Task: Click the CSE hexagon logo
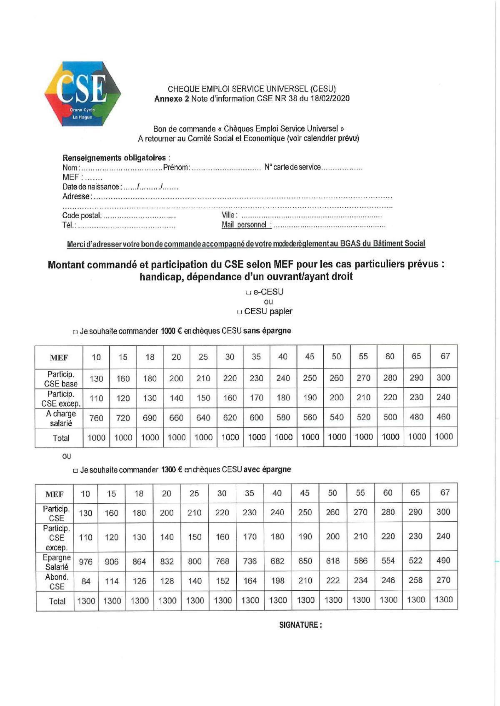coord(82,93)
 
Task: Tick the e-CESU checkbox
coord(248,293)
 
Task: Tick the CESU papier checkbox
coord(239,312)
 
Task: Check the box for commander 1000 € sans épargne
coord(75,332)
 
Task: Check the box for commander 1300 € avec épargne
coord(75,471)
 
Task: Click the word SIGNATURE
coord(300,625)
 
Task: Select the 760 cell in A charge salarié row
coord(96,418)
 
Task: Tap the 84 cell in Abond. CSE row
coord(85,581)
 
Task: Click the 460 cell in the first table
coord(443,417)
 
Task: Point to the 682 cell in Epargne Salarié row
coord(277,561)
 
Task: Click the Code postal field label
coord(82,215)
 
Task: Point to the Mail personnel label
coord(246,225)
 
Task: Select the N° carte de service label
coord(292,167)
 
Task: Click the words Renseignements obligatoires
coord(114,158)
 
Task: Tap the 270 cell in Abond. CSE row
coord(443,580)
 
